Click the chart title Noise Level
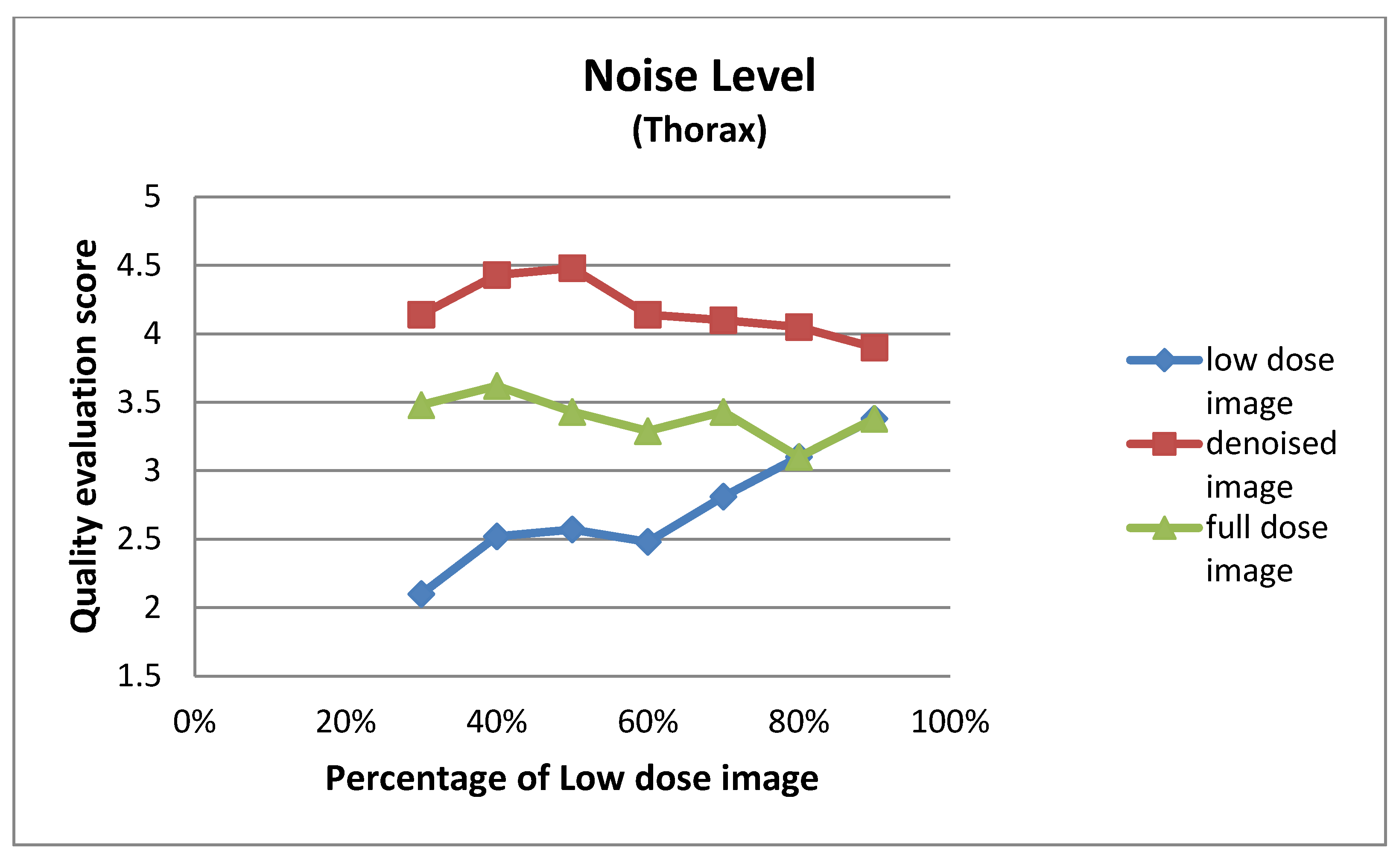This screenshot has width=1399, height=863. point(699,76)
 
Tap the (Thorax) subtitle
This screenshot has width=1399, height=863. point(699,130)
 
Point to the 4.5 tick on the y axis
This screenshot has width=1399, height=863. point(139,266)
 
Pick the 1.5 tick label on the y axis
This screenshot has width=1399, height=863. point(139,676)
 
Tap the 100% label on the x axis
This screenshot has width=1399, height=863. point(950,723)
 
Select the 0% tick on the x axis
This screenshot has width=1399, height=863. point(195,723)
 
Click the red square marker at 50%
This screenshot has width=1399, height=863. point(572,268)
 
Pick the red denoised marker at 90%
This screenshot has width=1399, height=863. point(874,347)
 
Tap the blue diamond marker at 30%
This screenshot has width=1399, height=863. point(421,594)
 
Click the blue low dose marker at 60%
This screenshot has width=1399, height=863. point(647,541)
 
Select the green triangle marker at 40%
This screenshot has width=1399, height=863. point(497,388)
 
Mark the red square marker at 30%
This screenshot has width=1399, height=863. point(421,315)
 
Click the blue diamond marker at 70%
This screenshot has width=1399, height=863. point(723,496)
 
